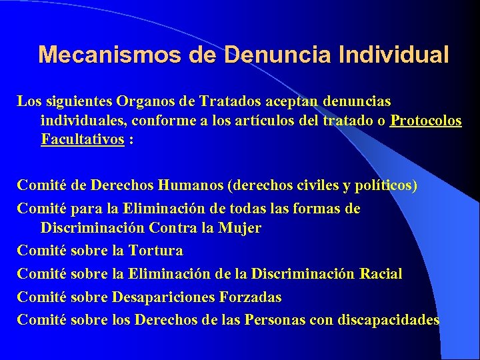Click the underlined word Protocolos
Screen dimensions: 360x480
(427, 121)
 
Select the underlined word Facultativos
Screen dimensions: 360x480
(83, 141)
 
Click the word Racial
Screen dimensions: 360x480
(381, 274)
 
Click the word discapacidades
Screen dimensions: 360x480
(389, 319)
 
